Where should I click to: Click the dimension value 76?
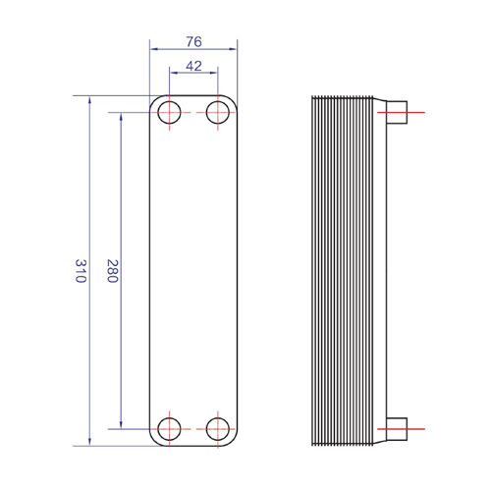click(193, 41)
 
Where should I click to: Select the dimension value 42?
click(193, 66)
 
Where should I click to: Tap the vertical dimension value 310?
click(81, 271)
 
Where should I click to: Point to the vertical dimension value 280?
click(112, 271)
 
